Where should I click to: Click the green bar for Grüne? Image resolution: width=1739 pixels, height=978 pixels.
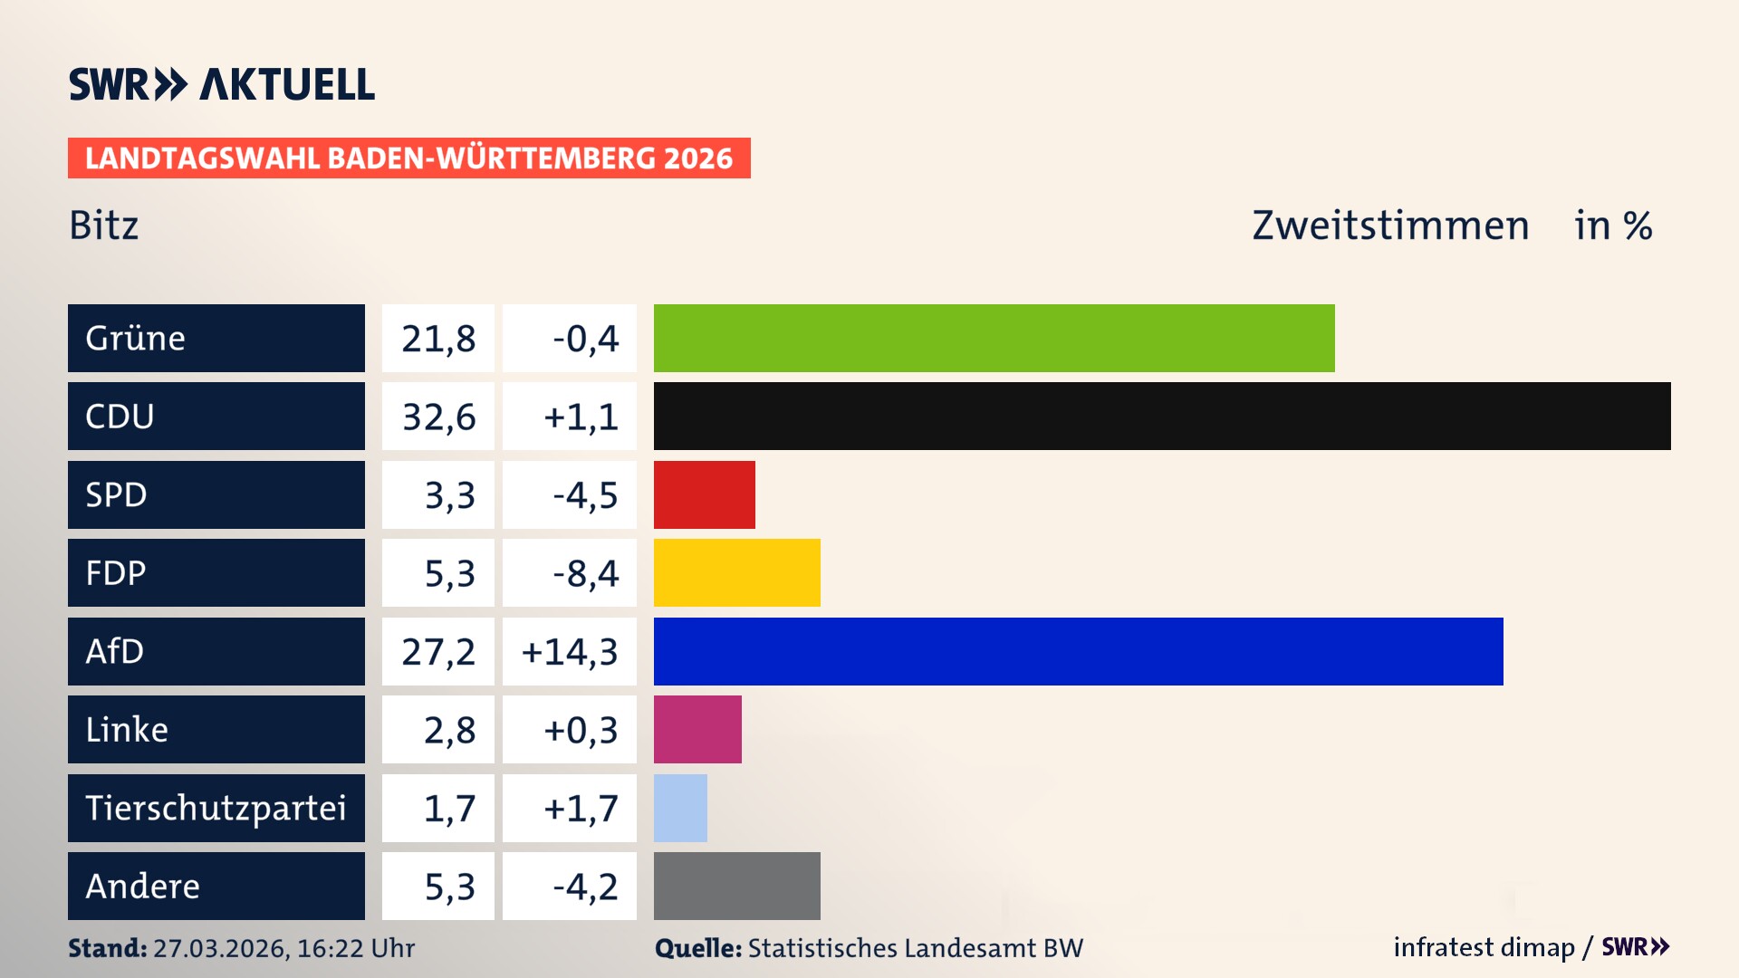[x=994, y=338]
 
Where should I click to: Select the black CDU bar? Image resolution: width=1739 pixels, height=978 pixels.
[x=1162, y=417]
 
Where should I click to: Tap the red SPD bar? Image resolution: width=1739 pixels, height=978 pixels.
[x=704, y=494]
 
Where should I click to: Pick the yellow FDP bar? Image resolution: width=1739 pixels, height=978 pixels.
[x=736, y=573]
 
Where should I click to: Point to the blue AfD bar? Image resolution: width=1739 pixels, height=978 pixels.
[x=1078, y=651]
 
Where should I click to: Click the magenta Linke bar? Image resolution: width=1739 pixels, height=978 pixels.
[x=697, y=730]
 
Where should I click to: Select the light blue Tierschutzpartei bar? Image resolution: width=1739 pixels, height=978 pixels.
[x=680, y=808]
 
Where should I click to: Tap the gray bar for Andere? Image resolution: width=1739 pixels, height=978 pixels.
[x=736, y=886]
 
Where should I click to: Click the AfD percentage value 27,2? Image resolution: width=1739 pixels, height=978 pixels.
[x=438, y=652]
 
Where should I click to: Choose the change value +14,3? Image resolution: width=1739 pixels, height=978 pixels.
[x=570, y=652]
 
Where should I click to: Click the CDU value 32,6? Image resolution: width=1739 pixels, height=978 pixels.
[x=438, y=417]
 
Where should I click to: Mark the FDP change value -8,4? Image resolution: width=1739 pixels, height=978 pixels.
[x=585, y=574]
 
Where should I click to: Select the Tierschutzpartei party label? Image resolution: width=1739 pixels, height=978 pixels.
[x=216, y=808]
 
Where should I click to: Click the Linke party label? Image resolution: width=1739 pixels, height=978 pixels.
[x=127, y=730]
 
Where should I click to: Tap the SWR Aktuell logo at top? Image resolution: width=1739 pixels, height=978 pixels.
[x=222, y=84]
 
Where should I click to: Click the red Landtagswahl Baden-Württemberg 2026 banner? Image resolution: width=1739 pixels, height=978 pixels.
[x=408, y=158]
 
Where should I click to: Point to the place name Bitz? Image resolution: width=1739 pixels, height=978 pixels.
[x=104, y=225]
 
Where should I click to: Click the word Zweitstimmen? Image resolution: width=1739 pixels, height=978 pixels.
[x=1390, y=225]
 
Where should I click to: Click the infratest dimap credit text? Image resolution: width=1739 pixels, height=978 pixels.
[x=1483, y=947]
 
